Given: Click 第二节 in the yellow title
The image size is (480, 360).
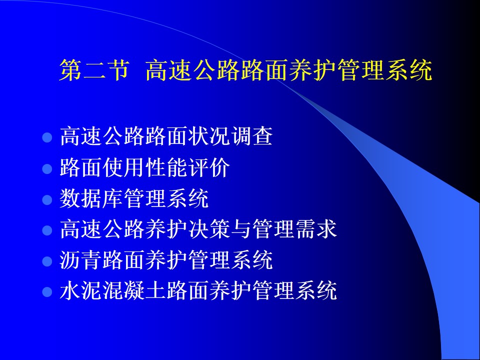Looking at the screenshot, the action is click(94, 70).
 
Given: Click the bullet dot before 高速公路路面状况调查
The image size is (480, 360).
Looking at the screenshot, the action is click(47, 137).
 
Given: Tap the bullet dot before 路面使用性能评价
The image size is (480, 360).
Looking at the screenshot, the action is click(47, 168).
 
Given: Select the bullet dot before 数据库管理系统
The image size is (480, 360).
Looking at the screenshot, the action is click(47, 199).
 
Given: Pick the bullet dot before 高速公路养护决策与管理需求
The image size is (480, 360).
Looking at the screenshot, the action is click(47, 230).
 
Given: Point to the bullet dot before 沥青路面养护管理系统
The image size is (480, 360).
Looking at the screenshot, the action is click(47, 261).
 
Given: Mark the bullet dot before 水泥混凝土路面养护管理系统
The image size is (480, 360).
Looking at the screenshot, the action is click(47, 291).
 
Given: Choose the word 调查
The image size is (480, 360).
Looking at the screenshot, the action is click(251, 136).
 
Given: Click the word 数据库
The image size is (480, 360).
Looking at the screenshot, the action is click(91, 198).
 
